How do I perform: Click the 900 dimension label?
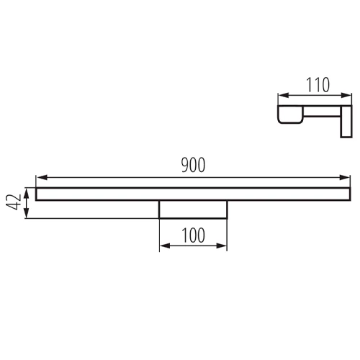[193, 165]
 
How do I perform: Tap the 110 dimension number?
[318, 85]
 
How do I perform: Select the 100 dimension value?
[193, 235]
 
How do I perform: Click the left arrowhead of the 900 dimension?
[41, 178]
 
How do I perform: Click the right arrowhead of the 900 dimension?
[345, 178]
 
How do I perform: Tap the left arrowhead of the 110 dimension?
[283, 95]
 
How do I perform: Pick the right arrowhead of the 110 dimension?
[346, 95]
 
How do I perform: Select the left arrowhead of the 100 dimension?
[165, 246]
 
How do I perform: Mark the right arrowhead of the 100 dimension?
[222, 246]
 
